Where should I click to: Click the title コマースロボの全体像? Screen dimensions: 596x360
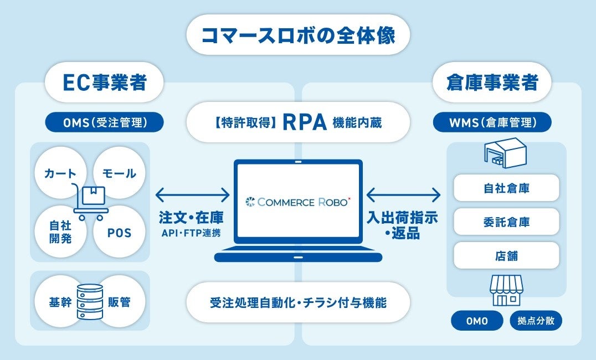[298, 35]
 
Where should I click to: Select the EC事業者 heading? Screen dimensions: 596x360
[104, 82]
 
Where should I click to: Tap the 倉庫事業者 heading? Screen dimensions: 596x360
[492, 82]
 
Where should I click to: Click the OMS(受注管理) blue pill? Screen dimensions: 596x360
[105, 122]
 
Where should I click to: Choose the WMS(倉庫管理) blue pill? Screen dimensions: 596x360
[492, 122]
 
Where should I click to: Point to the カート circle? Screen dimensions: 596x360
[60, 173]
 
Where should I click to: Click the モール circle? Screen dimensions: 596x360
[119, 173]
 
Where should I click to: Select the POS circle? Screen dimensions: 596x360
[119, 232]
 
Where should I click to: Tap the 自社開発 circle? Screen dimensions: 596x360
[60, 232]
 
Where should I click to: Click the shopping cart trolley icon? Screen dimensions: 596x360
[90, 202]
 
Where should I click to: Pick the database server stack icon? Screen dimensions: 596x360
[90, 302]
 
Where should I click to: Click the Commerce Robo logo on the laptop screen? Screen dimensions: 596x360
[298, 202]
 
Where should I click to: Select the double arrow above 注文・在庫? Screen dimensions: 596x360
[193, 196]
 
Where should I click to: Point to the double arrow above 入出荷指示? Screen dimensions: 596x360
[403, 196]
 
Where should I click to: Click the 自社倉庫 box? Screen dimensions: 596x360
[506, 188]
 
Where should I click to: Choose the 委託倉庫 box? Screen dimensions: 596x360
[506, 222]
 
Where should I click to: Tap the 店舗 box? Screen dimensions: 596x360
[506, 256]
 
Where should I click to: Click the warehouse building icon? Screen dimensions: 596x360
[506, 153]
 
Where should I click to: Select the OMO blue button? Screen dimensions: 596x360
[477, 321]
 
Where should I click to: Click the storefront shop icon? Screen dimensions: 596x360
[506, 291]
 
